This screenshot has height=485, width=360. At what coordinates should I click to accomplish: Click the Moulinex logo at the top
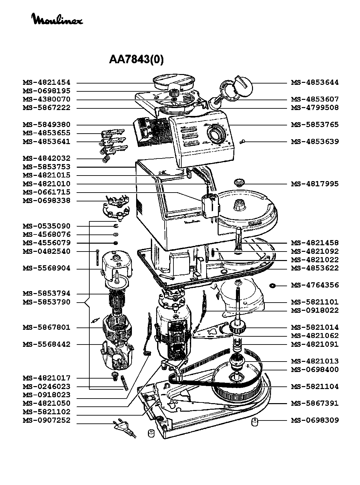click(x=58, y=19)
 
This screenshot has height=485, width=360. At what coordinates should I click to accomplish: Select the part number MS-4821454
click(x=46, y=83)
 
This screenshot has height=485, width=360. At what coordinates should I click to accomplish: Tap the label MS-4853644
click(x=315, y=83)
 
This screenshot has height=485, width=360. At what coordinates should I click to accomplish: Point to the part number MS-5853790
click(x=46, y=302)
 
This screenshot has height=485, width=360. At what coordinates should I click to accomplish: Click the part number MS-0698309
click(x=315, y=420)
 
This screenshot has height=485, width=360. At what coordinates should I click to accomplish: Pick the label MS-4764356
click(x=315, y=285)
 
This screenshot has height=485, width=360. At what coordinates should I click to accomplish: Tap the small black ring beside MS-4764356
click(x=272, y=286)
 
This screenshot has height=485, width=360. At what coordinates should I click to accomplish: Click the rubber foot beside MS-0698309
click(x=254, y=422)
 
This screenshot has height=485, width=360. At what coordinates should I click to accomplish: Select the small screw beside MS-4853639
click(x=242, y=142)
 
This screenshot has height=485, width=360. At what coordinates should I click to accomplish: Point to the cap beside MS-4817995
click(x=239, y=183)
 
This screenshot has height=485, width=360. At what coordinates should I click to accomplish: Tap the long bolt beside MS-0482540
click(x=98, y=258)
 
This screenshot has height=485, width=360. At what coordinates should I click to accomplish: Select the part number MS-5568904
click(x=46, y=268)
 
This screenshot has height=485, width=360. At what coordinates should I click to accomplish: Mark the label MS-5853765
click(x=315, y=125)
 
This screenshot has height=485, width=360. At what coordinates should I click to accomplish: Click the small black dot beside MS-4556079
click(x=116, y=243)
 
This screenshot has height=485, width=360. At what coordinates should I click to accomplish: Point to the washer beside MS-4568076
click(x=116, y=234)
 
